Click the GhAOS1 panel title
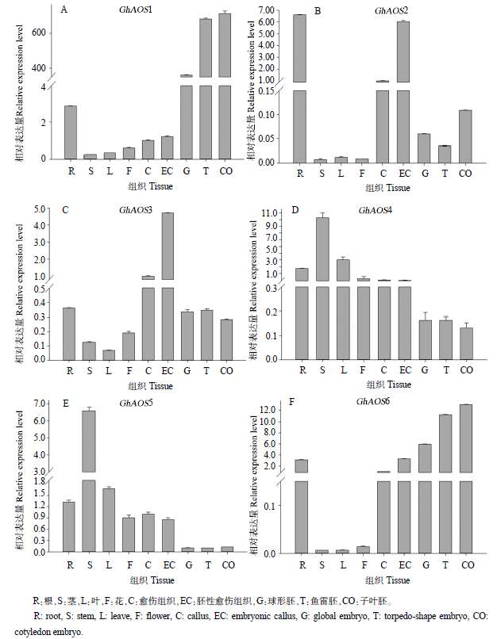point(131,8)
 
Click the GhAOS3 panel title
point(136,210)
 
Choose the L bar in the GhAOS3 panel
point(109,354)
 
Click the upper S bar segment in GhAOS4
point(322,248)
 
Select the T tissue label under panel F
point(445,565)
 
